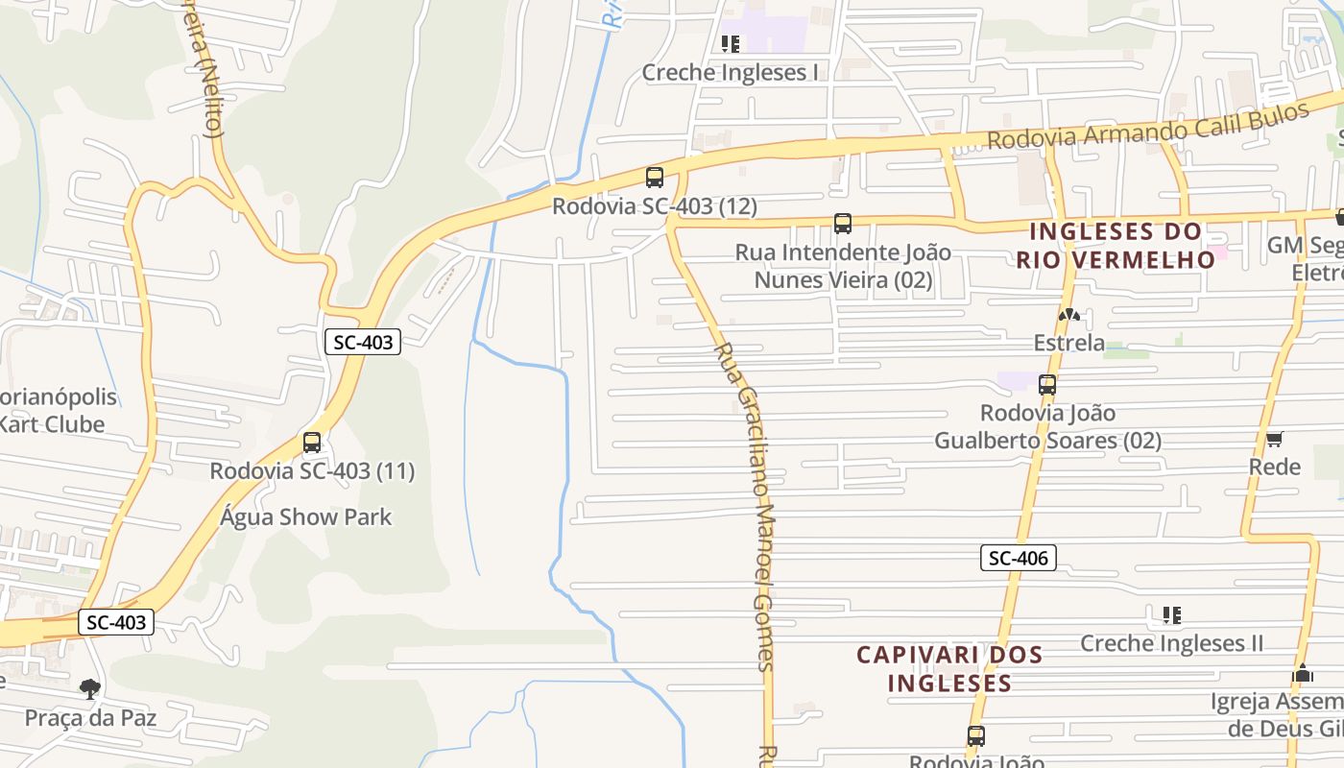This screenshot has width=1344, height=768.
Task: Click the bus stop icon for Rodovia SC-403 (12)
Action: tap(655, 178)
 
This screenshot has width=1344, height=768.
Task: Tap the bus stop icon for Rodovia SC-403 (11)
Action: tap(312, 443)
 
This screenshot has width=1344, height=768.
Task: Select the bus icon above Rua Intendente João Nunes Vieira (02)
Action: tap(843, 224)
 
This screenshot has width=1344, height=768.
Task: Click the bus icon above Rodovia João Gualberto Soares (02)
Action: tap(1047, 385)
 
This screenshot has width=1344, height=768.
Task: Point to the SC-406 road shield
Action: tap(1019, 558)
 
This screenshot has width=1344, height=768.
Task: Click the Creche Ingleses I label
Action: tap(730, 73)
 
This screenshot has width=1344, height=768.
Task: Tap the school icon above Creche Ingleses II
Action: tap(1171, 614)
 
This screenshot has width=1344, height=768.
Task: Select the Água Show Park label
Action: tap(306, 517)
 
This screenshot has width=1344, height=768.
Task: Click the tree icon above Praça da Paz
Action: tap(90, 688)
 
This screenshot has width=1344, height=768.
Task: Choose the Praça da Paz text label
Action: tap(90, 717)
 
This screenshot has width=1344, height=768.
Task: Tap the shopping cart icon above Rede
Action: tap(1274, 440)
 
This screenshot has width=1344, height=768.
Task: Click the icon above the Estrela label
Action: tap(1068, 315)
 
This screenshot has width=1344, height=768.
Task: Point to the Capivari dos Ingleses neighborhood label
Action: tap(949, 668)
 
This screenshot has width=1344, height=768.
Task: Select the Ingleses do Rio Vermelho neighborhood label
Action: tap(1116, 245)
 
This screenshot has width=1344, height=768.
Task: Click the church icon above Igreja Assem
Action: tap(1302, 673)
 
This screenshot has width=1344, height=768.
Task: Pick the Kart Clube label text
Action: tap(53, 423)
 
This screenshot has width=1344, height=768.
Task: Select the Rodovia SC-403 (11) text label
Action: tap(312, 471)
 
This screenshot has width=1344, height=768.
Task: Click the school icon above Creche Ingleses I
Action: tap(731, 44)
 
